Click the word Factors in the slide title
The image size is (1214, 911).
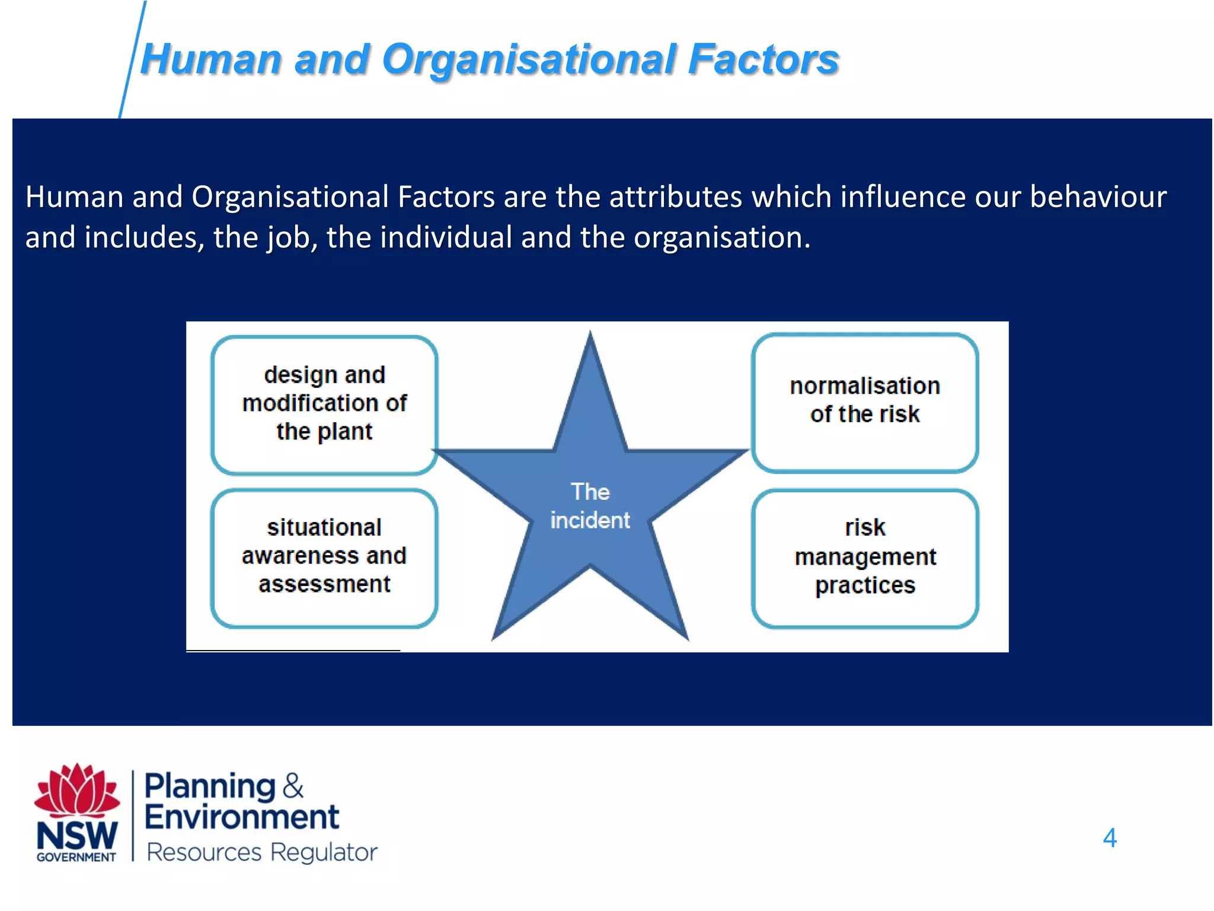pyautogui.click(x=763, y=60)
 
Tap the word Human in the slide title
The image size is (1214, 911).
pyautogui.click(x=211, y=60)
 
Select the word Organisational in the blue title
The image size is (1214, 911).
pyautogui.click(x=529, y=60)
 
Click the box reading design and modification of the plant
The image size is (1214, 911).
pyautogui.click(x=324, y=404)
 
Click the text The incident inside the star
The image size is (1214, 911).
pyautogui.click(x=590, y=506)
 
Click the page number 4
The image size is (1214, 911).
pyautogui.click(x=1109, y=838)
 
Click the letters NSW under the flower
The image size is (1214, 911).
pyautogui.click(x=77, y=835)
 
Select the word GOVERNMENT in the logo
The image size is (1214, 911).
pyautogui.click(x=76, y=858)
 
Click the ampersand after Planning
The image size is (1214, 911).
pyautogui.click(x=293, y=786)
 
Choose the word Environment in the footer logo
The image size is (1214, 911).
pyautogui.click(x=242, y=817)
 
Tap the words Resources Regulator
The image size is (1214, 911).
pyautogui.click(x=261, y=852)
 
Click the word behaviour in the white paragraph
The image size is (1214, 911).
pyautogui.click(x=1098, y=197)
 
